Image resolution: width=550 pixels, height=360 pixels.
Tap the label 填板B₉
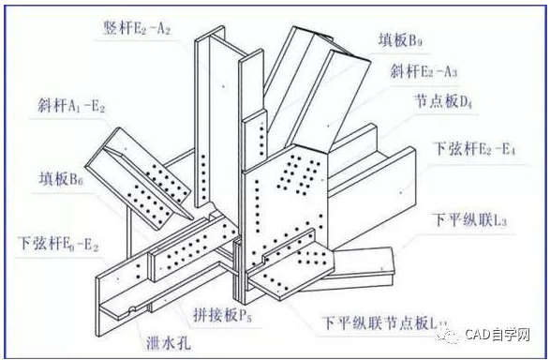point(412,41)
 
